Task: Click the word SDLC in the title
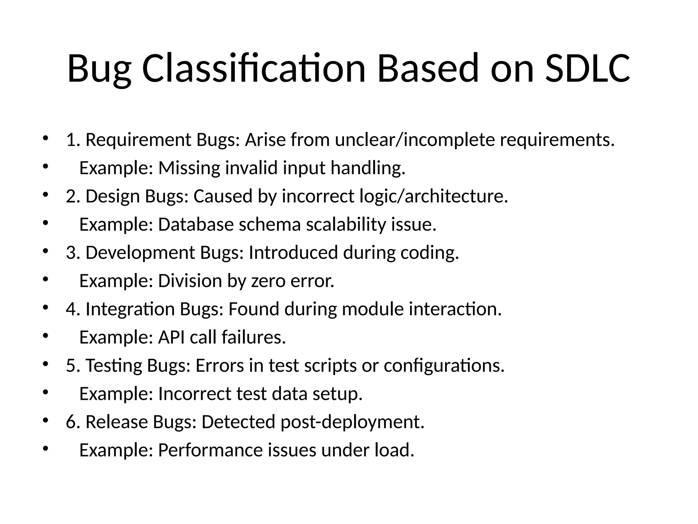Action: (588, 68)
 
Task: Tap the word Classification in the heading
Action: (254, 68)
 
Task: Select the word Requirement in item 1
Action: (138, 140)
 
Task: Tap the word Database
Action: (196, 225)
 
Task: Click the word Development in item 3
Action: (140, 253)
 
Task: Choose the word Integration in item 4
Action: (130, 309)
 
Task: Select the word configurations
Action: (444, 366)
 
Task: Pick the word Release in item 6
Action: (117, 422)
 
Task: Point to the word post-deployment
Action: (352, 422)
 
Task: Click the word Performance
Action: (210, 450)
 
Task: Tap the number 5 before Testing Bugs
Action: (71, 366)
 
